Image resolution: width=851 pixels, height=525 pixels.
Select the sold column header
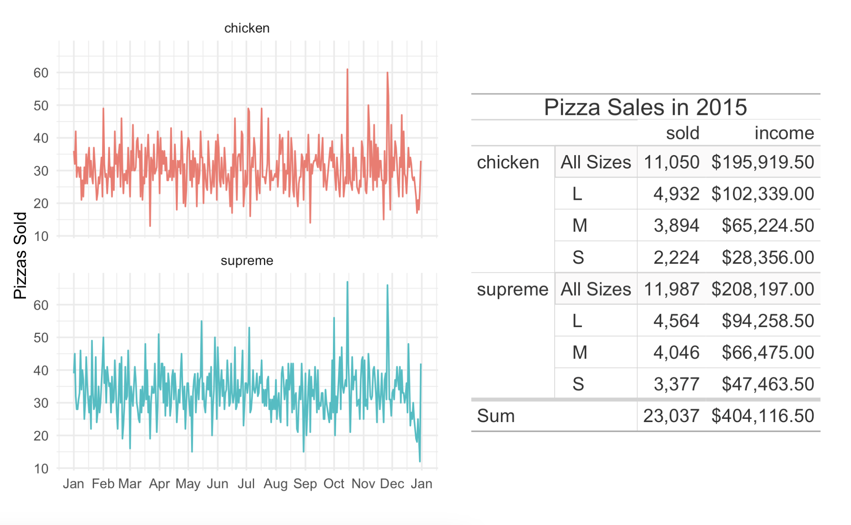[x=683, y=133]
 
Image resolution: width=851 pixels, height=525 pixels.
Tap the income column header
[x=784, y=133]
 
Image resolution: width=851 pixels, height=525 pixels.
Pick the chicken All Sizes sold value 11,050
[x=672, y=162]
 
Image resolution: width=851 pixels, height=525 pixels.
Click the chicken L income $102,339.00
[x=762, y=194]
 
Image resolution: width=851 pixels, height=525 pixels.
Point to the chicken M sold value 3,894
[x=676, y=225]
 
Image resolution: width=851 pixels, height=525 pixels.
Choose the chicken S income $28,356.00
[x=768, y=257]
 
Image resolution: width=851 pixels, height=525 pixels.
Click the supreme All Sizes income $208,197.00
[x=762, y=289]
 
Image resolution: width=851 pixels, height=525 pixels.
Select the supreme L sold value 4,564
[x=676, y=321]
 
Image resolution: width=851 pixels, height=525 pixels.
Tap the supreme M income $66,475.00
[x=768, y=352]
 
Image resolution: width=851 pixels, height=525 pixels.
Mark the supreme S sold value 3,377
[x=676, y=384]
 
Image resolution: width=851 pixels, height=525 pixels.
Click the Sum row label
[x=496, y=416]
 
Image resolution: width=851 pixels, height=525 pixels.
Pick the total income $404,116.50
[x=762, y=416]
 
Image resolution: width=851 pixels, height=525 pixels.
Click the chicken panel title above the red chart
[x=247, y=28]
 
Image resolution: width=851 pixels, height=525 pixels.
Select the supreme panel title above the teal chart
[x=247, y=261]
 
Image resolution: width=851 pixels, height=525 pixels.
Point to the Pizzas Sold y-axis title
[x=20, y=255]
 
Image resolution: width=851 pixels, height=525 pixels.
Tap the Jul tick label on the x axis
[x=246, y=484]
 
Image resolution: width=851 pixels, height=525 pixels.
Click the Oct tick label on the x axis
[x=334, y=484]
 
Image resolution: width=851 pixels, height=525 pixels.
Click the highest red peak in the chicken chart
[x=347, y=70]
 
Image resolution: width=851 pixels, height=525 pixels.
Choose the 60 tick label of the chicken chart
[x=41, y=73]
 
